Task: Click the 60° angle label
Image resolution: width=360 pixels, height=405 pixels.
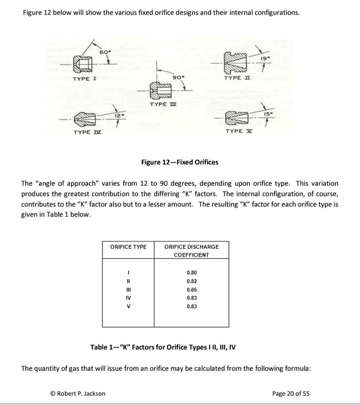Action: click(x=105, y=52)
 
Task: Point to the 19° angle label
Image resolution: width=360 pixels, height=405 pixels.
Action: click(x=266, y=58)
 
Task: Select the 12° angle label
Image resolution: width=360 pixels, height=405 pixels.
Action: click(x=119, y=115)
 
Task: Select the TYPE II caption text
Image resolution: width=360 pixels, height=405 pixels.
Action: click(x=237, y=78)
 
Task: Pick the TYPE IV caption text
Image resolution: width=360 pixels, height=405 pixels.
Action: click(x=87, y=132)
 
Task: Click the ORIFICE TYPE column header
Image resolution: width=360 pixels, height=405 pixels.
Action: click(x=128, y=247)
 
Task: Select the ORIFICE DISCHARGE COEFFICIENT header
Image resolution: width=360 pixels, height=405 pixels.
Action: click(x=191, y=251)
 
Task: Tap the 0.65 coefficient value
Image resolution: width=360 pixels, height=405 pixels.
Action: click(x=192, y=290)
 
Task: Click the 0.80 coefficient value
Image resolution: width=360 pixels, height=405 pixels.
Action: click(x=192, y=273)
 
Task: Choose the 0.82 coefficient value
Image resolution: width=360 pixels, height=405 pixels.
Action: click(x=192, y=281)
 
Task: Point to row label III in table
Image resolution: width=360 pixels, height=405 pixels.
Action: click(x=128, y=290)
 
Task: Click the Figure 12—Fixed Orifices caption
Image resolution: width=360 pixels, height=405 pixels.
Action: click(x=179, y=162)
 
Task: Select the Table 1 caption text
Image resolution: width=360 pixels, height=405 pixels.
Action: click(x=163, y=347)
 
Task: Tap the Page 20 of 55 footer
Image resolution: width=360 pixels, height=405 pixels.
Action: click(x=290, y=394)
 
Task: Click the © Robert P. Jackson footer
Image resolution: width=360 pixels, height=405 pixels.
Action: click(x=78, y=394)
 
